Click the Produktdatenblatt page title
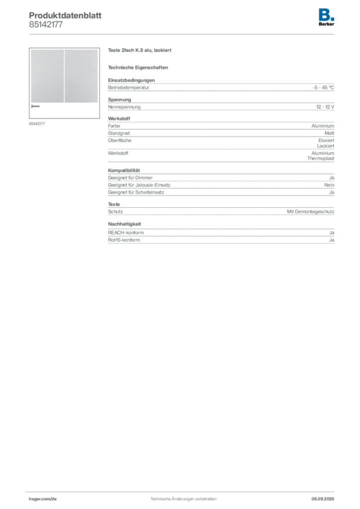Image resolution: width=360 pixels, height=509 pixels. (x=65, y=15)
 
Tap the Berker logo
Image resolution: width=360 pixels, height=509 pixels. (x=326, y=17)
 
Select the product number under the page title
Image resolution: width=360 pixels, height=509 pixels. (x=46, y=25)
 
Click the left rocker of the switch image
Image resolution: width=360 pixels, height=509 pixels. (x=47, y=76)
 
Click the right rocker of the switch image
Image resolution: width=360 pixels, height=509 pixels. (x=81, y=76)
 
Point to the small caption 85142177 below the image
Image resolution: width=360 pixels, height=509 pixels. (x=37, y=124)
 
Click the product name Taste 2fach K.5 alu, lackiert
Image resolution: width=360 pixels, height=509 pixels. (x=140, y=50)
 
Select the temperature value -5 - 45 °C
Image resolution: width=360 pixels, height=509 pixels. (x=323, y=87)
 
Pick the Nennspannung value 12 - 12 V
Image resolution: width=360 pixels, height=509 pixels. (x=325, y=107)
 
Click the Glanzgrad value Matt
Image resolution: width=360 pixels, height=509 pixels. (x=329, y=133)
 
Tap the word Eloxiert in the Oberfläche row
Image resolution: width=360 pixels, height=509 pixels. (x=326, y=140)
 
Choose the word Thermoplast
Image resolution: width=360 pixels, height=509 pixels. (x=321, y=159)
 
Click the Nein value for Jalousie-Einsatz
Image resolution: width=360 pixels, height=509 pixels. (x=329, y=185)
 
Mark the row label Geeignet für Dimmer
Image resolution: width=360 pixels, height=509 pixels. (x=130, y=177)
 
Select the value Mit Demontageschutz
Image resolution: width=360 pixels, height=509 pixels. (x=310, y=212)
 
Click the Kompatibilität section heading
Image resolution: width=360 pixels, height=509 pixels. (x=124, y=170)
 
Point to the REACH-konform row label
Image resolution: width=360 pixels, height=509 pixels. (x=126, y=233)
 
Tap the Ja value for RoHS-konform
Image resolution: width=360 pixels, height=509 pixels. (x=332, y=240)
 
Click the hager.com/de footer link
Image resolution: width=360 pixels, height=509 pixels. (x=43, y=499)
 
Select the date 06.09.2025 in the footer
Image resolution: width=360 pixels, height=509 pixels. (x=323, y=499)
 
